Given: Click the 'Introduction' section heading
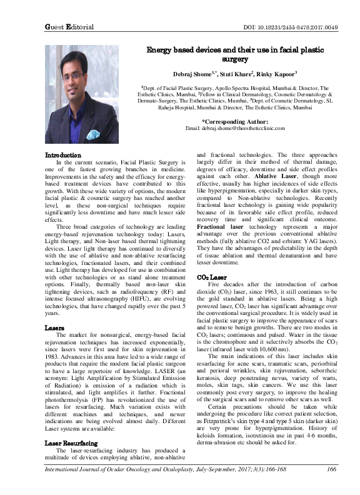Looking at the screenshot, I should point(62,155).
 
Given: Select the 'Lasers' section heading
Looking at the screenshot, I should point(54,327).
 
